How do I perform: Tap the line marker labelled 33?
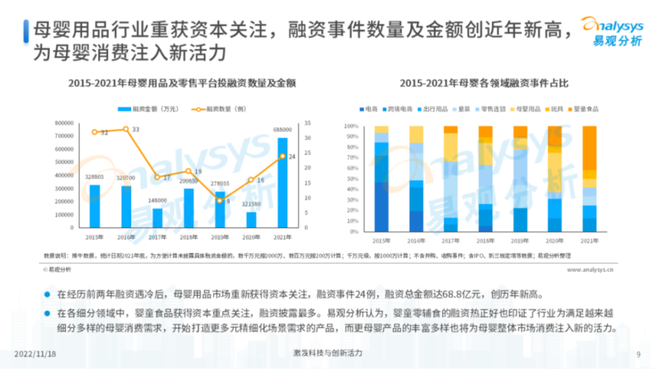point(126,129)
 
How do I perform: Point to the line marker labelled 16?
point(251,180)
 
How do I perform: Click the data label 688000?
point(282,130)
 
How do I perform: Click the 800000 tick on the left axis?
point(64,123)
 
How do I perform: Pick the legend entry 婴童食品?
point(584,109)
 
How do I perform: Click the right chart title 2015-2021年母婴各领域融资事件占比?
point(483,84)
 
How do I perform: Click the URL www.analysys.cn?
point(589,269)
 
